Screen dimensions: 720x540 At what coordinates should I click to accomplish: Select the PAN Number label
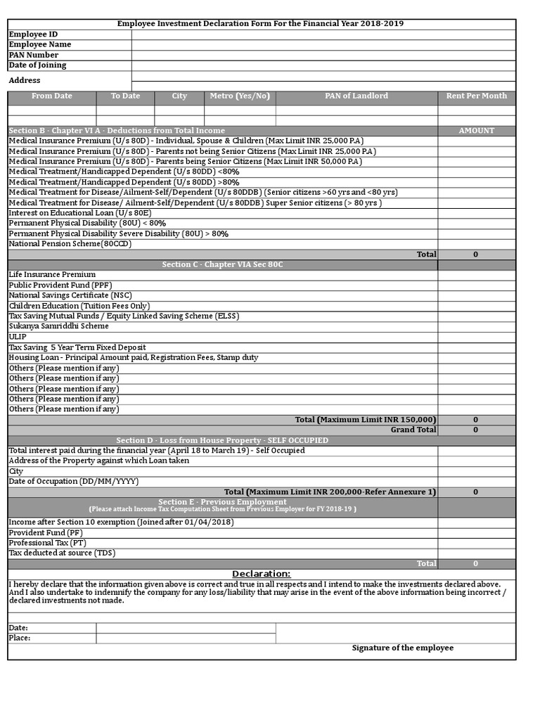point(33,55)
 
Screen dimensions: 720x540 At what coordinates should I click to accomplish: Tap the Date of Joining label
point(37,65)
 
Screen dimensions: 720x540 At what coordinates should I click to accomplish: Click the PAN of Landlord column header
point(356,96)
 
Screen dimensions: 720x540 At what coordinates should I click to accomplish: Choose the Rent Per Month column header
point(476,96)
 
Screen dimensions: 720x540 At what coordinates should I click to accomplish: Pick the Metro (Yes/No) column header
point(240,96)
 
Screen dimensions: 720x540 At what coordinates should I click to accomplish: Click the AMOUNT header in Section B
point(476,131)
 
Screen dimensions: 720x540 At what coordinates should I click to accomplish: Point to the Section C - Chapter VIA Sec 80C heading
point(222,264)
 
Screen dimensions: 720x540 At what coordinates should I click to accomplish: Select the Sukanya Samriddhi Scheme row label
point(58,326)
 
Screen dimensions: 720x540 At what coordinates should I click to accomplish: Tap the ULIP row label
point(18,337)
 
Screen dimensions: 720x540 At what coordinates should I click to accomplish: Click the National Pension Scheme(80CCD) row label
point(70,244)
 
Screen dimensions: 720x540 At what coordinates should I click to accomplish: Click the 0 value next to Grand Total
point(475,430)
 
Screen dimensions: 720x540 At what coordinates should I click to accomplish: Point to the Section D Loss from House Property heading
point(222,440)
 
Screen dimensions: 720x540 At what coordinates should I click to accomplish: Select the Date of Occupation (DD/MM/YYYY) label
point(73,482)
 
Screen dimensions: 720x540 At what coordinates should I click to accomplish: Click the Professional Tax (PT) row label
point(47,543)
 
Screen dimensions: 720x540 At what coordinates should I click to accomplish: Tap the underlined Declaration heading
point(261,574)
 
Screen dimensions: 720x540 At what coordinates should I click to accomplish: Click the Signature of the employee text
point(402,648)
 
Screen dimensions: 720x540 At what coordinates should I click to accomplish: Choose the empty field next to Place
point(186,638)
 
